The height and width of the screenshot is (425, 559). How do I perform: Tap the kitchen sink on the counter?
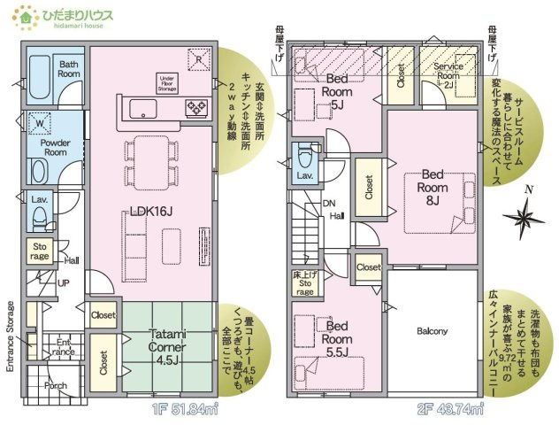pyautogui.click(x=142, y=108)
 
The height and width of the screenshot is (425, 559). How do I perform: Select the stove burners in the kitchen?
pyautogui.click(x=195, y=108)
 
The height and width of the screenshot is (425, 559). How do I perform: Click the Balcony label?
pyautogui.click(x=432, y=332)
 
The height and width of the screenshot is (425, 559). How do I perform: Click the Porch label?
pyautogui.click(x=56, y=385)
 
